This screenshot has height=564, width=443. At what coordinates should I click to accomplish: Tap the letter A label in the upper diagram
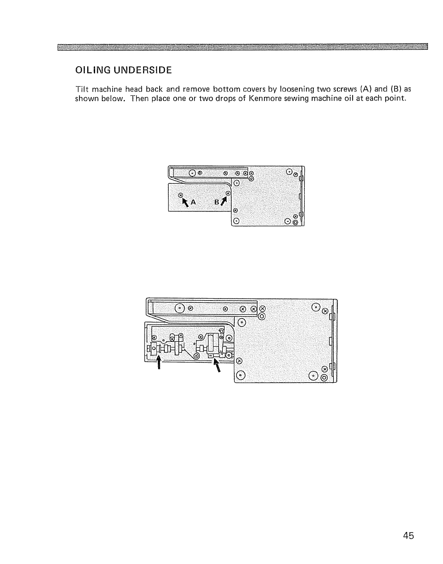coord(193,202)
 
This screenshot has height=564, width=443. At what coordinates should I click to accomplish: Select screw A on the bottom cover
coord(180,195)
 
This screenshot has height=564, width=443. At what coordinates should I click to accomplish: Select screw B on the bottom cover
coord(228,193)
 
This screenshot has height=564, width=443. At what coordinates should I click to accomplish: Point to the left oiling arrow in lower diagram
coord(159,363)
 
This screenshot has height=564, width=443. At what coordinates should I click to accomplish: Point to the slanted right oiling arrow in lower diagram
coord(217,365)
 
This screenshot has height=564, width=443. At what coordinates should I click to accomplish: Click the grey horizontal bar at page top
coord(242,47)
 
